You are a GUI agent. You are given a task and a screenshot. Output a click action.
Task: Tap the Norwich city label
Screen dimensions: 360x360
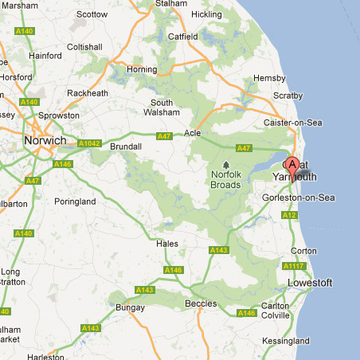45,141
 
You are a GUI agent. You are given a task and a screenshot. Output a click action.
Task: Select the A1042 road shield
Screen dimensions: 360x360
90,144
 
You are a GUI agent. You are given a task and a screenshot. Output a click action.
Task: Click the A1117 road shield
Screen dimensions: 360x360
295,265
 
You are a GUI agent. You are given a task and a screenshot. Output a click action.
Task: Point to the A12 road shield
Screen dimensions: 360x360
289,215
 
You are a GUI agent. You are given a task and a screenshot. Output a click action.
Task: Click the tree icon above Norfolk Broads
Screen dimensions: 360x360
225,165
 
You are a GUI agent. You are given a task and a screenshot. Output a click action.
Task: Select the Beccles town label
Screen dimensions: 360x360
201,303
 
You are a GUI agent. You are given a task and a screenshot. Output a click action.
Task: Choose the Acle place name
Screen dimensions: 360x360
193,133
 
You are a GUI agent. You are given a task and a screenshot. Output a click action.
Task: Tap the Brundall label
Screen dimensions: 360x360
127,147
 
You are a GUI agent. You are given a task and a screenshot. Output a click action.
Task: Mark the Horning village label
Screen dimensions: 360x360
142,69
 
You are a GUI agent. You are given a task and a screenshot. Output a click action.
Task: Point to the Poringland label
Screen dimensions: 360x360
75,202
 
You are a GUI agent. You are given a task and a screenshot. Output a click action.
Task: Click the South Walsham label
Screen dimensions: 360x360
162,108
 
